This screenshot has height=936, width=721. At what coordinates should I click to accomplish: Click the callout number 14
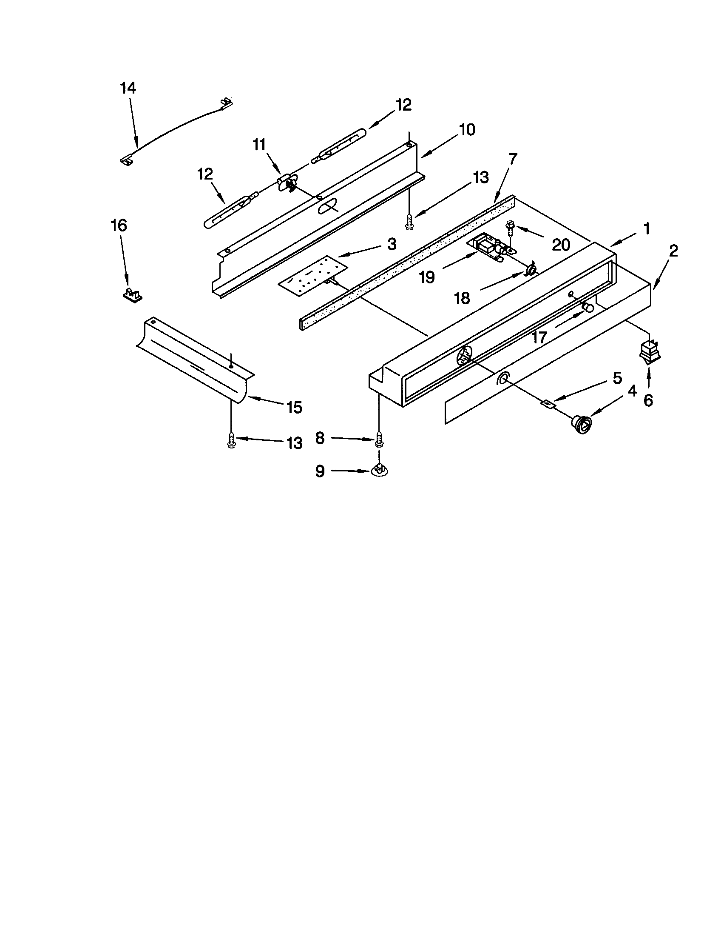(x=128, y=88)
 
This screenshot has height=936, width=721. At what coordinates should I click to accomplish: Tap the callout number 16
(x=119, y=225)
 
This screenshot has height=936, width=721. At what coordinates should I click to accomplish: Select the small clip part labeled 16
(x=132, y=295)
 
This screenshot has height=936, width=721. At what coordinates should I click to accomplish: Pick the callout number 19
(x=426, y=277)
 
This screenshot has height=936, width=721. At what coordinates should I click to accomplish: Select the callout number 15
(x=295, y=407)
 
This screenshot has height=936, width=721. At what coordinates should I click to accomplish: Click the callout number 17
(x=539, y=338)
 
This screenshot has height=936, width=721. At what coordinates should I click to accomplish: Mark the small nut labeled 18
(x=531, y=270)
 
